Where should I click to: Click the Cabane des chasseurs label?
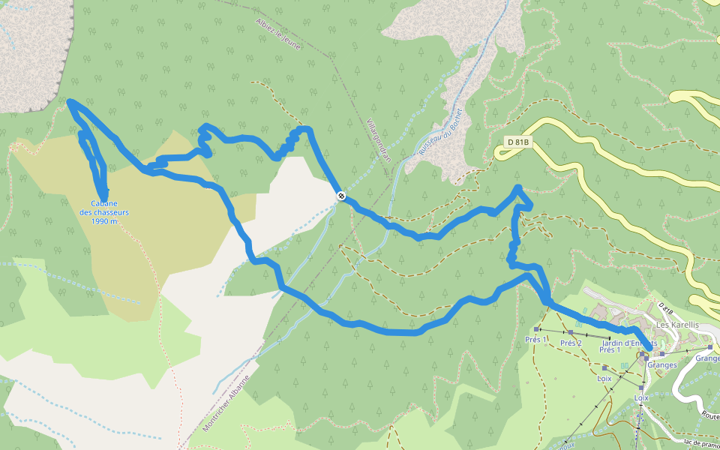(104, 208)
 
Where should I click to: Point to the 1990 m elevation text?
(104, 221)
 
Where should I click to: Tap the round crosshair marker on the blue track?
(341, 196)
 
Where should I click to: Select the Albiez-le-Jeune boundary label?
(277, 34)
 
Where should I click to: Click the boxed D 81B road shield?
(517, 142)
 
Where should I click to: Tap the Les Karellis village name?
(676, 325)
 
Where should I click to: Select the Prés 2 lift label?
(571, 343)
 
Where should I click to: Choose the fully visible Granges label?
(661, 365)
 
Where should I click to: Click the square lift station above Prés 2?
(571, 332)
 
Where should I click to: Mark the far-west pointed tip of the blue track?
(69, 101)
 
